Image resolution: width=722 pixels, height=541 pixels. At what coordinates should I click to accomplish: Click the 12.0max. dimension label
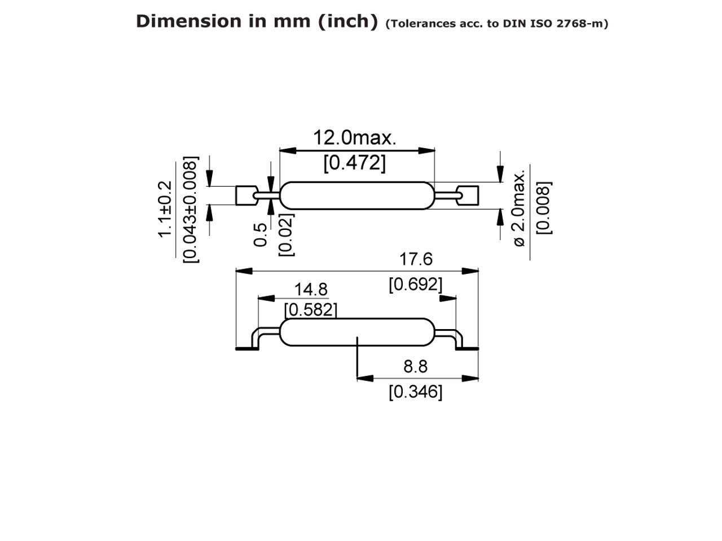(x=354, y=138)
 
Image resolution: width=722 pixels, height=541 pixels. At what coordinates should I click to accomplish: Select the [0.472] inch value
(x=354, y=163)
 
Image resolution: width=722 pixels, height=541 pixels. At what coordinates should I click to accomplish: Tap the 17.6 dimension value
(x=416, y=259)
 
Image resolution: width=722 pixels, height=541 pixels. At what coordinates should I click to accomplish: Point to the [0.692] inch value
(x=415, y=285)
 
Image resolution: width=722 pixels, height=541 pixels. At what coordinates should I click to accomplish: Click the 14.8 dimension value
(x=311, y=290)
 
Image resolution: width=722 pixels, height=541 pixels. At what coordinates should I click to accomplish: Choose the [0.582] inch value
(x=311, y=310)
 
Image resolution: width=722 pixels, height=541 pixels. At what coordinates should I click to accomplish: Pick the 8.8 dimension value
(x=415, y=367)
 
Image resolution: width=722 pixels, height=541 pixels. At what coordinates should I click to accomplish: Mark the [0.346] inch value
(x=415, y=392)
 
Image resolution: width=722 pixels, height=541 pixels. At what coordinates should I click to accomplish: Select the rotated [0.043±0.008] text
(x=191, y=210)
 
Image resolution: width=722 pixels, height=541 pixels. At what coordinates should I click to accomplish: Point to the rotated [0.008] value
(x=544, y=207)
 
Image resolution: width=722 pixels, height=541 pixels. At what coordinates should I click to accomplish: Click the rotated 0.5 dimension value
(x=261, y=235)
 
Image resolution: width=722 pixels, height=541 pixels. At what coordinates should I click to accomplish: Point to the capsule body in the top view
(x=357, y=196)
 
